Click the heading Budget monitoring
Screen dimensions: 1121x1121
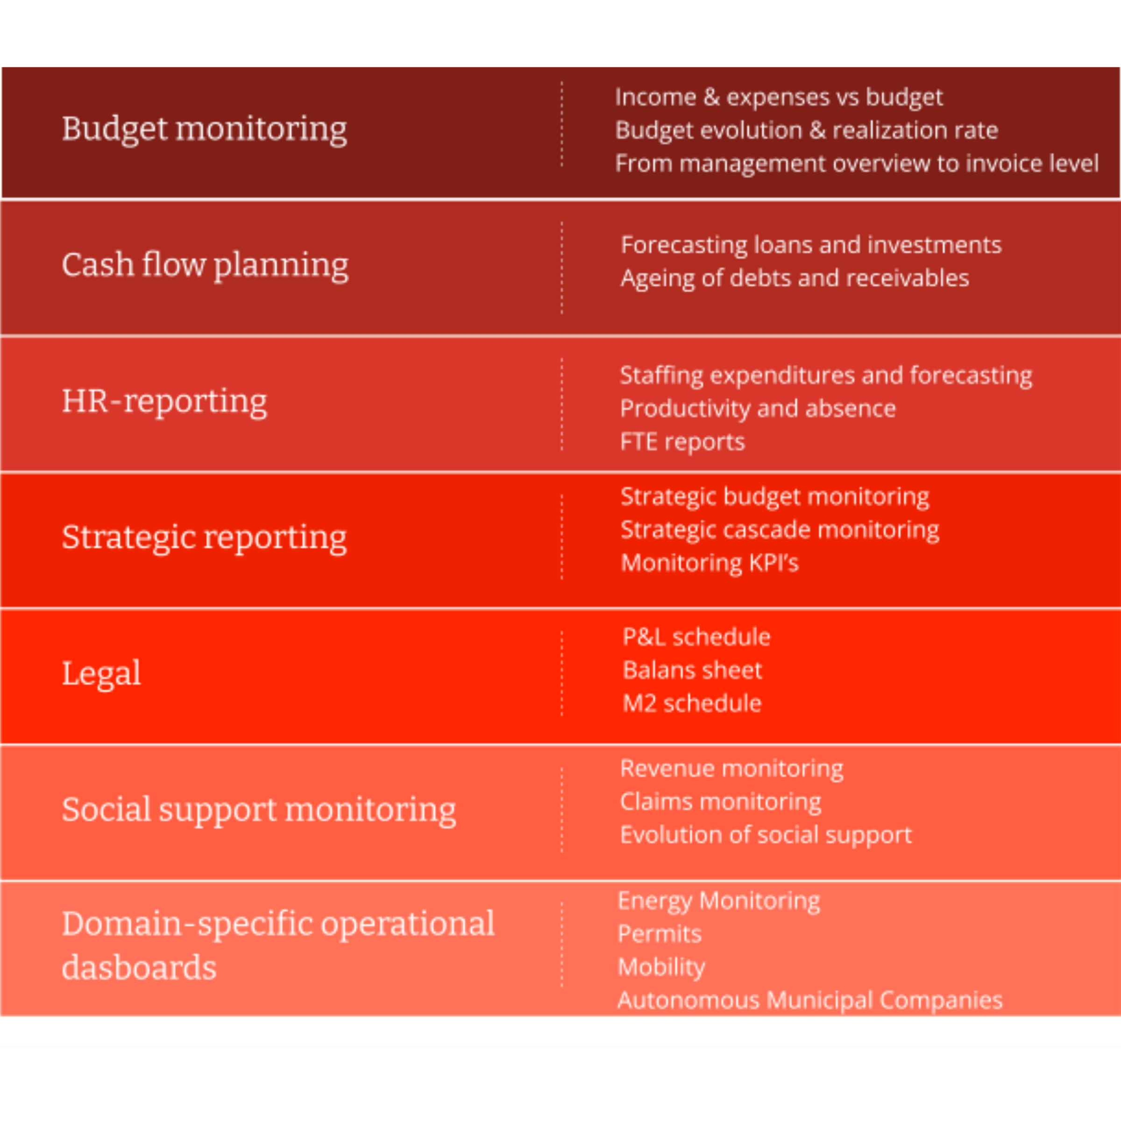[204, 129]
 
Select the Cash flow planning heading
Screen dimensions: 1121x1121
[205, 265]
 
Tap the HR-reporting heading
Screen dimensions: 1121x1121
[164, 401]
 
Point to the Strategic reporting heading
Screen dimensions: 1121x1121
[204, 537]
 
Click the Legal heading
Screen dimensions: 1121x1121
[101, 673]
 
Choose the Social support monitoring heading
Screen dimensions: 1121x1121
[259, 809]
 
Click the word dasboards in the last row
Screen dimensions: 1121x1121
[139, 968]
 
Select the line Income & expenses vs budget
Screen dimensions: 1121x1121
[779, 97]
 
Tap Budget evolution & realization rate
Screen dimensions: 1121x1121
[807, 130]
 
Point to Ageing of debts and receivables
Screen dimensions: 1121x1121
[795, 278]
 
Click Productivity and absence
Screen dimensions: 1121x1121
[758, 409]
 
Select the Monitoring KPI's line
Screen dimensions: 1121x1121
[709, 563]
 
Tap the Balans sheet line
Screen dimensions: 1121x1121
[692, 670]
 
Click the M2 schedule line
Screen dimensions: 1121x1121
[692, 703]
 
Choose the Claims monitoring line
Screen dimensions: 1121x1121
[721, 802]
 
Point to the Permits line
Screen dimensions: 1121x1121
[660, 934]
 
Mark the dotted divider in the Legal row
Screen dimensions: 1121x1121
[561, 673]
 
